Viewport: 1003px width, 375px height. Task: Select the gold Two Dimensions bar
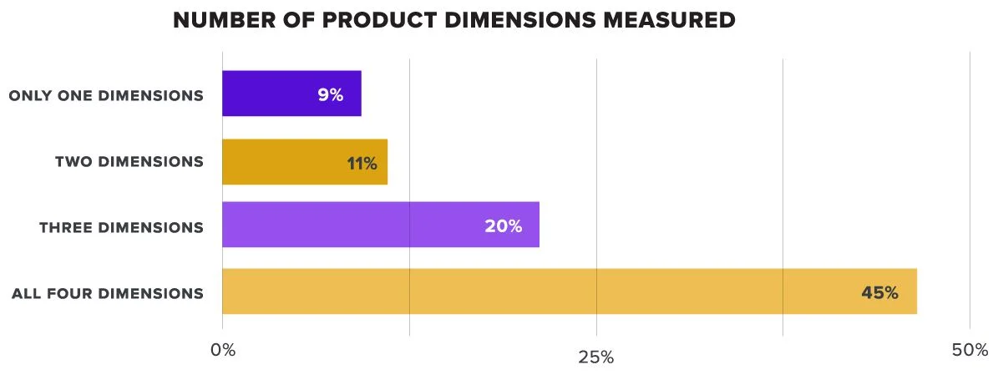point(292,161)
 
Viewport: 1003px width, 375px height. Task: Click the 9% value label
point(330,94)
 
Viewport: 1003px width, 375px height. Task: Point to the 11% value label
point(362,162)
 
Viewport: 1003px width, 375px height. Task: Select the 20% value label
point(503,226)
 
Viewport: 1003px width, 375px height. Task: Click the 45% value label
point(880,292)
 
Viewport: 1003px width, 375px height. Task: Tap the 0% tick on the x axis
point(222,350)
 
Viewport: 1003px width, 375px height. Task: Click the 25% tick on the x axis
point(596,357)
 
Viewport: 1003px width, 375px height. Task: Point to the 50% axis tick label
point(970,350)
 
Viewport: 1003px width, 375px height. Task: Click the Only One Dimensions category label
point(106,95)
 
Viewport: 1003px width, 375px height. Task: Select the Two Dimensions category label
point(129,161)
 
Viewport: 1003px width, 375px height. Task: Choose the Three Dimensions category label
point(121,227)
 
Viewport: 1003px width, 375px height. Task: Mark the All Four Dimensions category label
point(108,293)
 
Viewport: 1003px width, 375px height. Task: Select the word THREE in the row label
point(65,227)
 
